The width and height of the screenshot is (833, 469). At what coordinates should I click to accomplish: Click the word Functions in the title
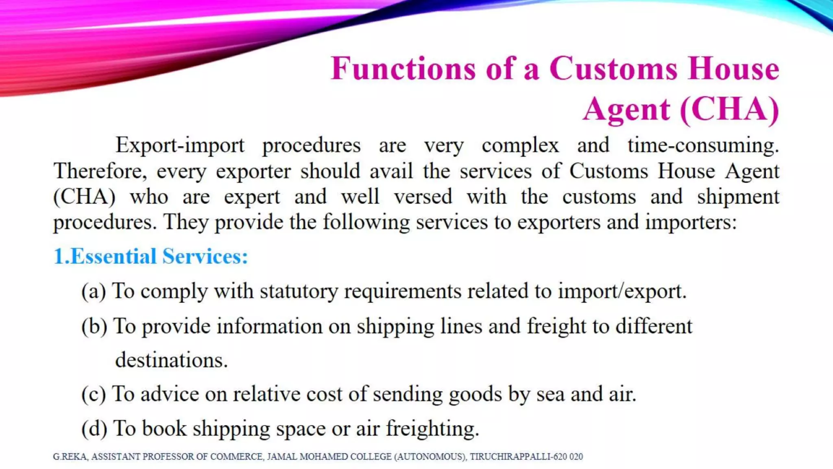403,68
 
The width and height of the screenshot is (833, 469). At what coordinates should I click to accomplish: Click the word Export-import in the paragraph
180,145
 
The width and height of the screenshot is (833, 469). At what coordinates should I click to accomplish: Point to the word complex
520,145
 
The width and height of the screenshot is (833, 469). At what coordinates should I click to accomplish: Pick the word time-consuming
703,145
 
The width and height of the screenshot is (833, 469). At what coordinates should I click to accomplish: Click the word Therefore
100,171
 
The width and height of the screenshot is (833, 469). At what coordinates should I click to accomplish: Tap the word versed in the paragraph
423,197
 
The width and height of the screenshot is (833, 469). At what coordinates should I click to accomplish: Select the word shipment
738,197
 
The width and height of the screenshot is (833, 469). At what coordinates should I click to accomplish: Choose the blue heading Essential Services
150,256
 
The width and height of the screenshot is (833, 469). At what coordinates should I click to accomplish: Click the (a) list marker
94,291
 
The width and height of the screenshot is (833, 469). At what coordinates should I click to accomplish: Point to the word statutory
299,291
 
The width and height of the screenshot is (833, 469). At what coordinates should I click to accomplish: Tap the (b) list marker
94,327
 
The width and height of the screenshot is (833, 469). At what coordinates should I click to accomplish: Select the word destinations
171,360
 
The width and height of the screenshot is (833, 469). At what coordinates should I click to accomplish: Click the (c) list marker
94,394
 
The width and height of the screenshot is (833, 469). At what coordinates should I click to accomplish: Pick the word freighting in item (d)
432,429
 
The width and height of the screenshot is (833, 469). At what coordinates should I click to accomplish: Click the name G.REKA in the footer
70,457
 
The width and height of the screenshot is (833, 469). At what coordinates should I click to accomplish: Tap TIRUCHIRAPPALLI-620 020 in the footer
526,457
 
